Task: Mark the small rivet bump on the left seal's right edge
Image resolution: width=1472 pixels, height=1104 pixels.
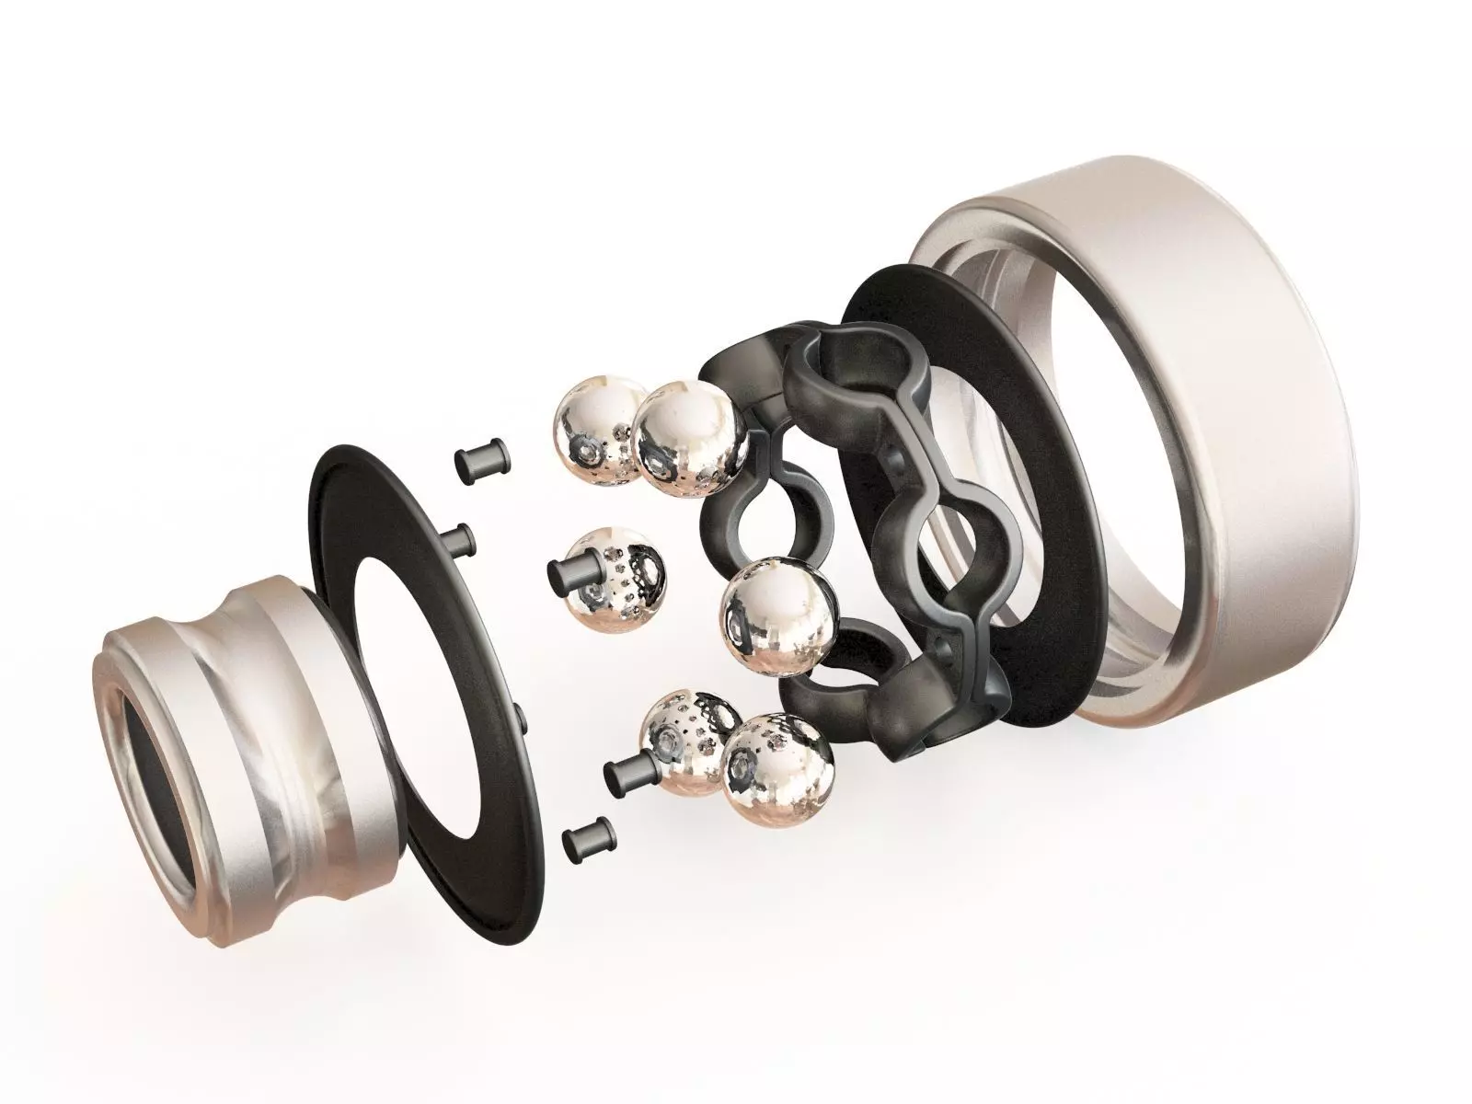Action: click(521, 714)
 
